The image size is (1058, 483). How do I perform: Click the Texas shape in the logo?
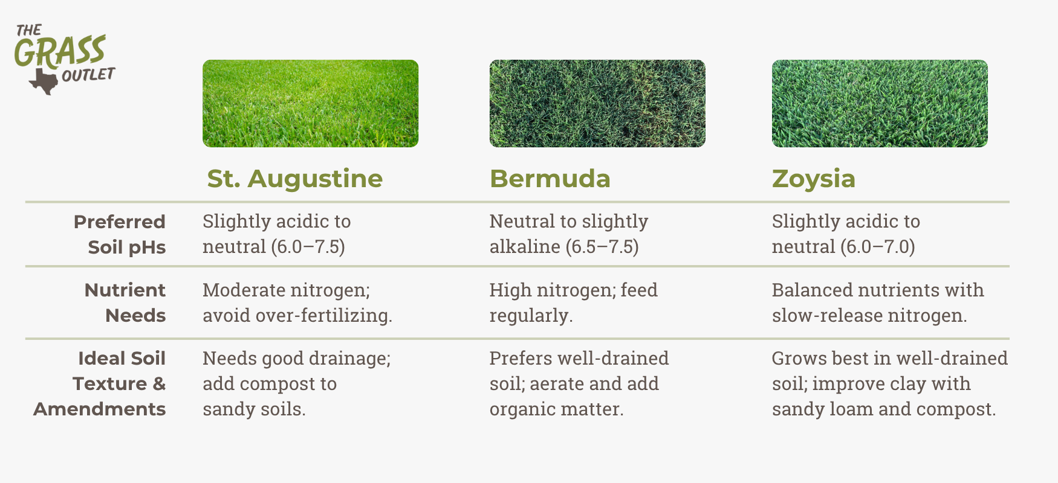(x=44, y=81)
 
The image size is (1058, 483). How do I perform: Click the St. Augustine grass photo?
(x=310, y=103)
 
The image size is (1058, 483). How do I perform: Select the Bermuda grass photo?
(x=597, y=103)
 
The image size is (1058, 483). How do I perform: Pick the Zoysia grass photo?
(x=880, y=103)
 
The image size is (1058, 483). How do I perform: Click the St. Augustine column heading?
(x=295, y=179)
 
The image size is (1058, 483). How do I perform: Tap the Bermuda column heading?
(x=550, y=179)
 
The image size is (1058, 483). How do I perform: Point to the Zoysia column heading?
(x=814, y=179)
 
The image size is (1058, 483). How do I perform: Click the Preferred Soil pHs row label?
(x=120, y=234)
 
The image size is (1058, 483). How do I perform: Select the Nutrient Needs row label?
(x=125, y=302)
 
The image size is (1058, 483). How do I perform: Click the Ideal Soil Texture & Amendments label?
(x=100, y=383)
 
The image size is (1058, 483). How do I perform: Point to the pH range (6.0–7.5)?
(x=308, y=247)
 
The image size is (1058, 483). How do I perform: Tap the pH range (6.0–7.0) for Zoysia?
(x=878, y=247)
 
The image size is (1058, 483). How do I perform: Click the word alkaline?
(x=525, y=246)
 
